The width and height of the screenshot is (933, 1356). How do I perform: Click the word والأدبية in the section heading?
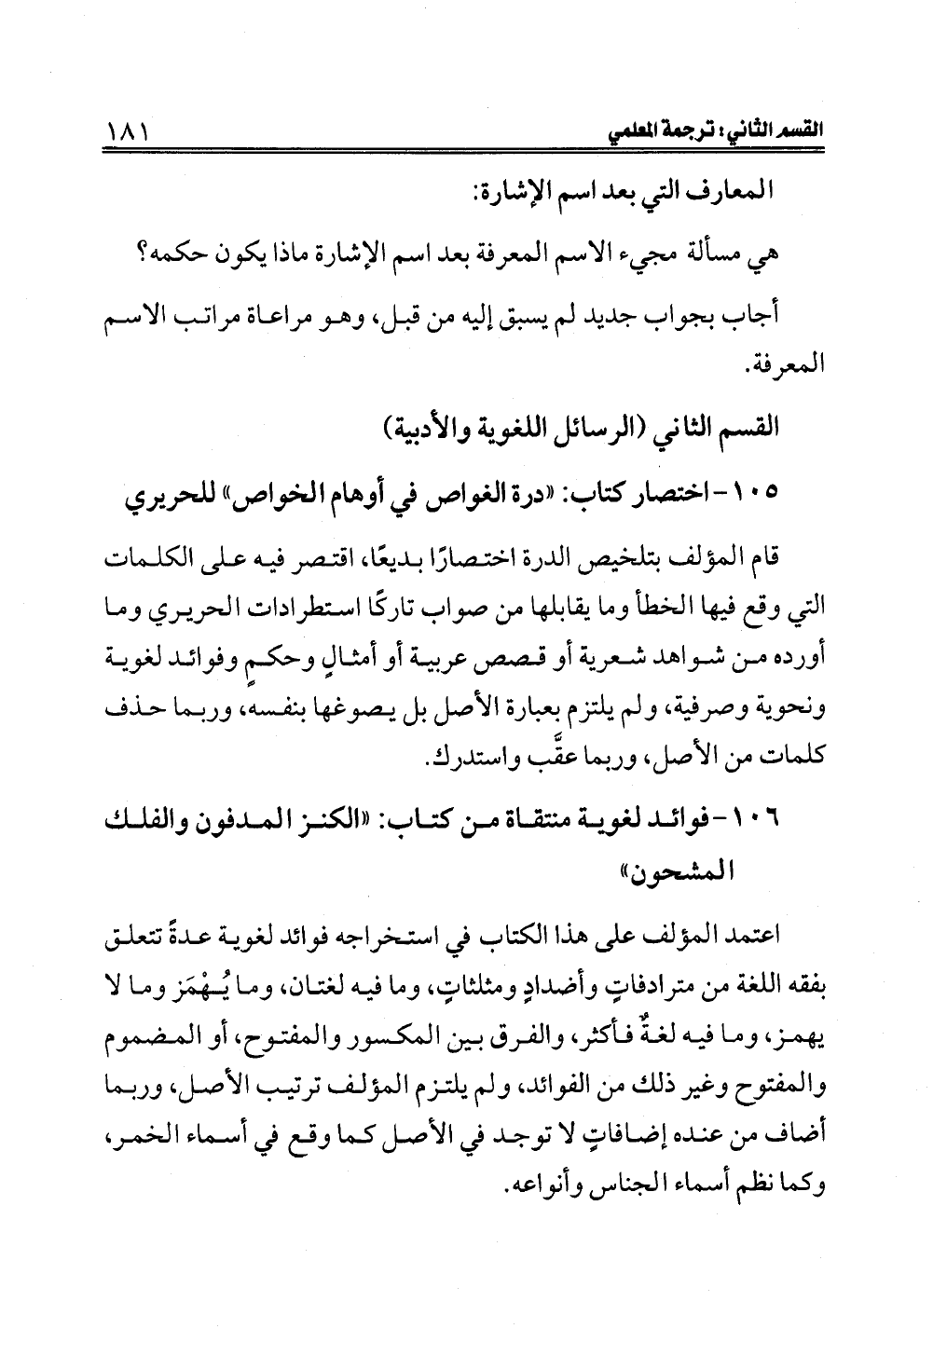425,432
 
